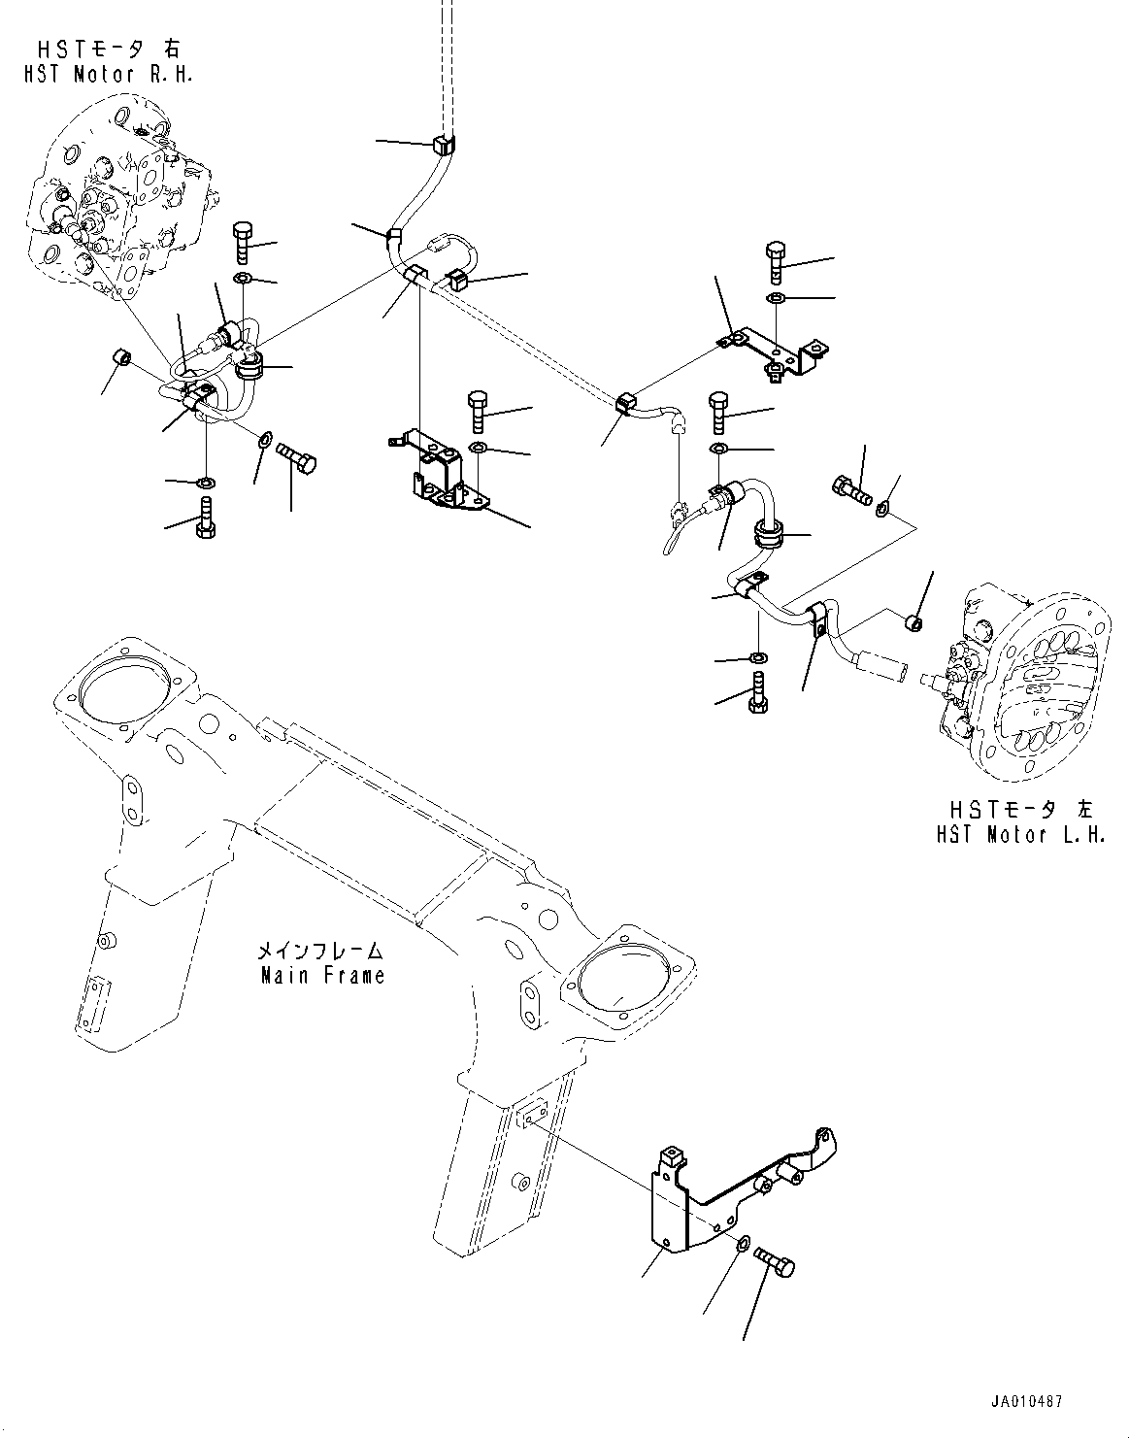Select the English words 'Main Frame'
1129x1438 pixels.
[322, 975]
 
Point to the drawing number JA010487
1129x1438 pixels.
[1027, 1403]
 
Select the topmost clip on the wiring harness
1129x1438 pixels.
[443, 146]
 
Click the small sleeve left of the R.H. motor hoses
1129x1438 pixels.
[121, 357]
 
